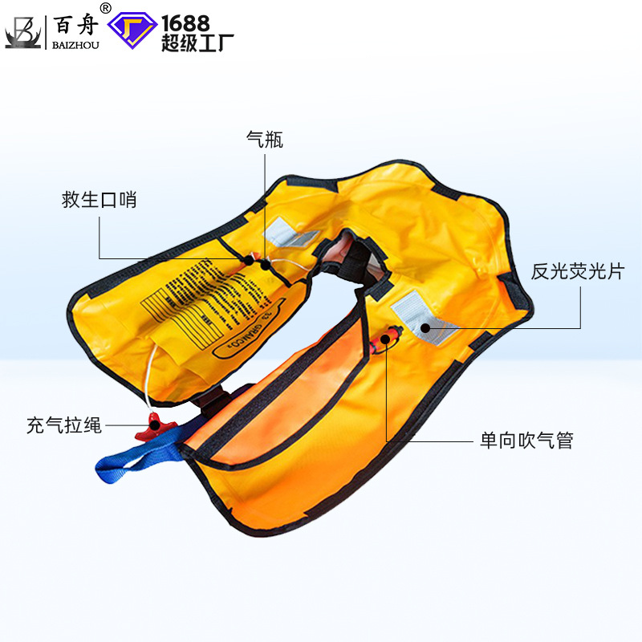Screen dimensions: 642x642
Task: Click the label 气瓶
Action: click(265, 140)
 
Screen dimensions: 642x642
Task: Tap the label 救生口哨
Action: click(100, 200)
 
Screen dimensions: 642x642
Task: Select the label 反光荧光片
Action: click(577, 271)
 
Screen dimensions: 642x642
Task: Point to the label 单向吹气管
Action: click(526, 441)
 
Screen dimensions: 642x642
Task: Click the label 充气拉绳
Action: click(64, 426)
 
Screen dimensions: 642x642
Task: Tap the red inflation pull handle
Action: click(151, 425)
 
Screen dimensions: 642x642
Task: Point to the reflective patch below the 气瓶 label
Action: click(290, 232)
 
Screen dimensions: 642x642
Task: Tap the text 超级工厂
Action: click(185, 43)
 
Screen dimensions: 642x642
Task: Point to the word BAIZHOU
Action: click(75, 46)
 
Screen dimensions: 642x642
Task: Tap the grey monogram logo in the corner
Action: click(22, 31)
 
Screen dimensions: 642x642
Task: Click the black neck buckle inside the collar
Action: click(354, 261)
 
